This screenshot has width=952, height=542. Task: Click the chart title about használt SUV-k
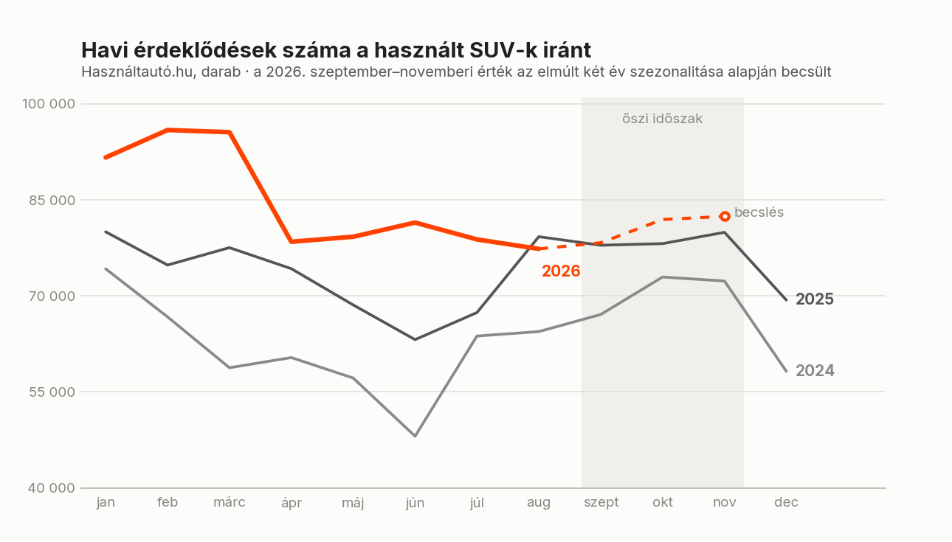pyautogui.click(x=336, y=50)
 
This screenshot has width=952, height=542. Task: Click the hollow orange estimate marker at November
pyautogui.click(x=725, y=217)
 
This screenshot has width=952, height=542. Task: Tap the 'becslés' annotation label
pyautogui.click(x=759, y=212)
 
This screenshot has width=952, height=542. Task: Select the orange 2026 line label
pyautogui.click(x=561, y=271)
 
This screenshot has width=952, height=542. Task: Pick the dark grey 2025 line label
pyautogui.click(x=815, y=299)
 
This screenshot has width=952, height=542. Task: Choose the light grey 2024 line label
pyautogui.click(x=815, y=370)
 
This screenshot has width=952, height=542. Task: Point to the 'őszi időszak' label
pyautogui.click(x=662, y=119)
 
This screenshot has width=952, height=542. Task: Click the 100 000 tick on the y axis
pyautogui.click(x=49, y=104)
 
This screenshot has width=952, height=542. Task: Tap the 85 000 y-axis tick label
pyautogui.click(x=52, y=200)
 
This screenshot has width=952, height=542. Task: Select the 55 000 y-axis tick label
pyautogui.click(x=52, y=392)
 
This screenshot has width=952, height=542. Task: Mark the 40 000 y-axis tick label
pyautogui.click(x=52, y=487)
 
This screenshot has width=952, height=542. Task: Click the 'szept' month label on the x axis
pyautogui.click(x=601, y=502)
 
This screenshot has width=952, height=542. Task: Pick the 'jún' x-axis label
pyautogui.click(x=415, y=502)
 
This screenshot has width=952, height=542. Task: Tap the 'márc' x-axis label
pyautogui.click(x=229, y=502)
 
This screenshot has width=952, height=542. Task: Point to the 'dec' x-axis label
pyautogui.click(x=786, y=502)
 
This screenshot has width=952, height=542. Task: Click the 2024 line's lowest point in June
pyautogui.click(x=415, y=437)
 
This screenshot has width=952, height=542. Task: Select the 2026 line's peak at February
pyautogui.click(x=168, y=130)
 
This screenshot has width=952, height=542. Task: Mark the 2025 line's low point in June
pyautogui.click(x=415, y=339)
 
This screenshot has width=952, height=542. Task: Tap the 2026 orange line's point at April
pyautogui.click(x=291, y=242)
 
